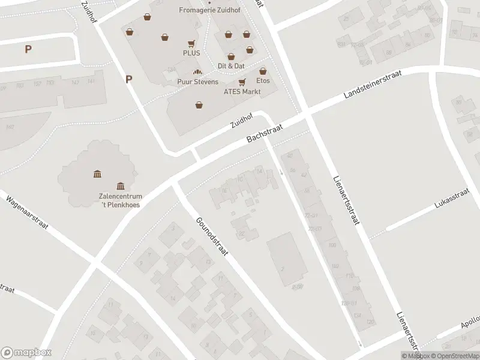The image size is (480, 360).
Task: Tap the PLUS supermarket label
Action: tap(192, 53)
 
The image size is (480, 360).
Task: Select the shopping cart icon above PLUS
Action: tap(191, 43)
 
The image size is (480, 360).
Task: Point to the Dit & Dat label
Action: tap(231, 65)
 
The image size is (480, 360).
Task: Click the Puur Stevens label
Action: tap(197, 82)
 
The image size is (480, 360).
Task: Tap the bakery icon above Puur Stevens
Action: tap(197, 72)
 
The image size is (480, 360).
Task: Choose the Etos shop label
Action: tap(263, 80)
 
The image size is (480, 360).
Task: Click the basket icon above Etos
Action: tap(263, 71)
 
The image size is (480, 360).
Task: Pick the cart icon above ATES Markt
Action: tap(242, 82)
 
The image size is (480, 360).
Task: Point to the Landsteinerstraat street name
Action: tap(372, 84)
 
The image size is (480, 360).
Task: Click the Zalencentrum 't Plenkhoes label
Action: tap(121, 200)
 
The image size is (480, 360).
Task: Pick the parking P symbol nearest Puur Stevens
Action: tap(129, 79)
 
